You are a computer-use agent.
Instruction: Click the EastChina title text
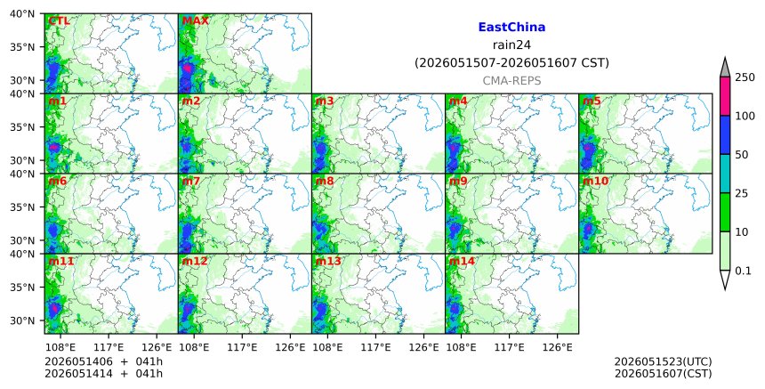click(511, 28)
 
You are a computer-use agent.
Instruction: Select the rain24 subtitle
click(511, 45)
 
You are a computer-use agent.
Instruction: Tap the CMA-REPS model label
click(511, 81)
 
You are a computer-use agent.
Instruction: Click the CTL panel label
click(59, 21)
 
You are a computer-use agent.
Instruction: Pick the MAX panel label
click(195, 21)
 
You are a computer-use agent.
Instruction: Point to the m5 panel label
click(592, 101)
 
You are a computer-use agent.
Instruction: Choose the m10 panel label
click(595, 181)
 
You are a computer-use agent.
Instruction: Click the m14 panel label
click(462, 261)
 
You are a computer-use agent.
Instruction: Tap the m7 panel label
click(190, 181)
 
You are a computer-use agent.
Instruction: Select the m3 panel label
click(325, 101)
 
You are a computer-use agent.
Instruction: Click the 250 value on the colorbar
click(745, 77)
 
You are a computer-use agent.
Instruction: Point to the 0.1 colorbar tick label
click(743, 271)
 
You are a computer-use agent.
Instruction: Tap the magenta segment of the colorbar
click(725, 96)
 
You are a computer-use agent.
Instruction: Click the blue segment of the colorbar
click(725, 135)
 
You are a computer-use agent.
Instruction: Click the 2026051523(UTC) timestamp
click(663, 361)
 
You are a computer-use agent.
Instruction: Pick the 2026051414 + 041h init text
click(104, 374)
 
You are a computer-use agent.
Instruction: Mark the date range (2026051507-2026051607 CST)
click(511, 63)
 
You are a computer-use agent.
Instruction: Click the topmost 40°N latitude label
click(22, 13)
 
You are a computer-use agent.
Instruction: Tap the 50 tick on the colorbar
click(742, 155)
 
